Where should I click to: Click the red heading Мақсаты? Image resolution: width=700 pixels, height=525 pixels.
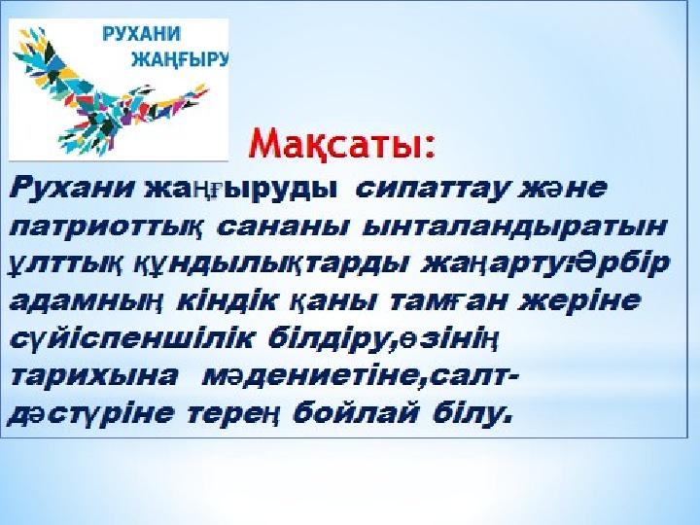(x=342, y=144)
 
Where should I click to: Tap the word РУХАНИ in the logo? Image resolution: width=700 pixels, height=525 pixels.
(x=142, y=34)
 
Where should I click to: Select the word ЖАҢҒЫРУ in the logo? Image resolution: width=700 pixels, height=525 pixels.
(x=180, y=58)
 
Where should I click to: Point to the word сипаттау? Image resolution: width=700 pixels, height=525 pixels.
(x=432, y=190)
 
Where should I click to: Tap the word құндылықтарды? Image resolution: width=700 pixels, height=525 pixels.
(x=272, y=264)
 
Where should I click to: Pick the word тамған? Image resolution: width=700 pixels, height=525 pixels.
(x=448, y=301)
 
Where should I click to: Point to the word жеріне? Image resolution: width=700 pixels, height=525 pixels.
(x=579, y=301)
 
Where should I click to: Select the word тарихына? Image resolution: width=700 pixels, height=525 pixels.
(x=93, y=377)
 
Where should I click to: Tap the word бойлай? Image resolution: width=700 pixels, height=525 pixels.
(x=356, y=414)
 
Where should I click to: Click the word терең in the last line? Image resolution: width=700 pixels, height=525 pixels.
(x=233, y=415)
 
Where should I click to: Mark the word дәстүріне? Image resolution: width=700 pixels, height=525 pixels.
(x=90, y=415)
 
